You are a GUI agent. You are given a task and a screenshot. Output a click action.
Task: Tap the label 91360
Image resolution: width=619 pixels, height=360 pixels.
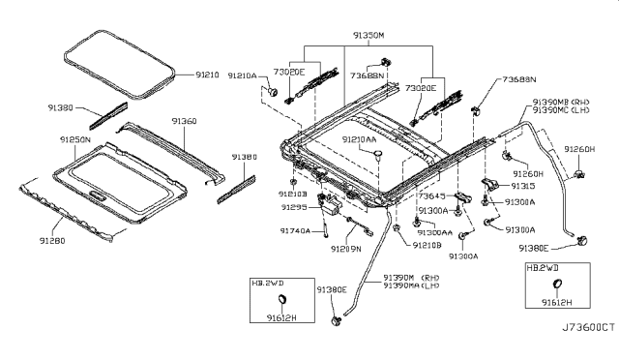click(x=184, y=122)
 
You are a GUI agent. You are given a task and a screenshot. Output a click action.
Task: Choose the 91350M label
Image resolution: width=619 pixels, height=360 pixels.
click(x=368, y=35)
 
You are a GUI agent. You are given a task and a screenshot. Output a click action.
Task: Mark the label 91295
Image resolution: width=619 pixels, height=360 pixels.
click(x=294, y=207)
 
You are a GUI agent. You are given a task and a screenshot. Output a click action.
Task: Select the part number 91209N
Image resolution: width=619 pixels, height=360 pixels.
click(x=344, y=250)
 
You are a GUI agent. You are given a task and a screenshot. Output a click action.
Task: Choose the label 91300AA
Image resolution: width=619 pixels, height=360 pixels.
click(x=436, y=232)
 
